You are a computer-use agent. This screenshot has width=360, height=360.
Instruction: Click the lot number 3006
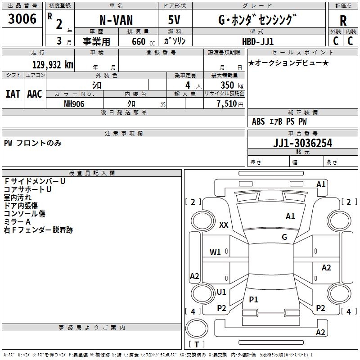[22, 19]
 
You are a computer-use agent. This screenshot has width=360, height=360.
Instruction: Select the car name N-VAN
[116, 21]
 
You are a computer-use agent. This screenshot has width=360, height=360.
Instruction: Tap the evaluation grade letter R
[343, 21]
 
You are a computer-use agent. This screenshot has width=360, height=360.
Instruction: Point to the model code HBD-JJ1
[258, 41]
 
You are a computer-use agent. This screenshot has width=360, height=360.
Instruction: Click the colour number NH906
[74, 103]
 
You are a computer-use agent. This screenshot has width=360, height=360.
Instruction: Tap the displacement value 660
[138, 41]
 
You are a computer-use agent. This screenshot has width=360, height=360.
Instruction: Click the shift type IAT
[13, 94]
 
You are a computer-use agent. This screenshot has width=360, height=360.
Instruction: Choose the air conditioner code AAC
[35, 94]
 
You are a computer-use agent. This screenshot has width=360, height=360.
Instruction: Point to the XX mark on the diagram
[224, 225]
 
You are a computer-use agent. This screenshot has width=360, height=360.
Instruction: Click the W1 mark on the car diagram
[216, 252]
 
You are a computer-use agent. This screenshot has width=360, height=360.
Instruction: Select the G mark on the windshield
[284, 237]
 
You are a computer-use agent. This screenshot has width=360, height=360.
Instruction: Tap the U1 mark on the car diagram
[221, 292]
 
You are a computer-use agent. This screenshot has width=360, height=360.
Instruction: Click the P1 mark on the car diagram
[254, 299]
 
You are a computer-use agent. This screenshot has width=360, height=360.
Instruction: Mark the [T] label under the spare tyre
[197, 344]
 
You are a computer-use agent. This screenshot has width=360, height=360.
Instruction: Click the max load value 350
[228, 85]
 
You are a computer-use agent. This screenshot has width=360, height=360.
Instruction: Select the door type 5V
[175, 21]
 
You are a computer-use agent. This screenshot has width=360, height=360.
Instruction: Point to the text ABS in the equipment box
[258, 121]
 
